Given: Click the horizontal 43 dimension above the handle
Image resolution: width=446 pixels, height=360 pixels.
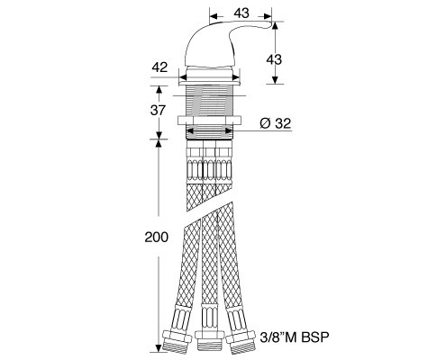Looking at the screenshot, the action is pyautogui.click(x=241, y=13).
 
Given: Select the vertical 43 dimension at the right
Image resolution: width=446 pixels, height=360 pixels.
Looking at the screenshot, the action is pyautogui.click(x=274, y=59).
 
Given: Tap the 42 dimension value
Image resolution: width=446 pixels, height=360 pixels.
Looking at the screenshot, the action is pyautogui.click(x=159, y=67).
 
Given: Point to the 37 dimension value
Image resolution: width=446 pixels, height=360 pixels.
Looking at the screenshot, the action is pyautogui.click(x=158, y=110).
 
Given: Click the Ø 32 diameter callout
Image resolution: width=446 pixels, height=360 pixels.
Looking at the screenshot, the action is pyautogui.click(x=276, y=123).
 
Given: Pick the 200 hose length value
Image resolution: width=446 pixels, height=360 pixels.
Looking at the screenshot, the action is pyautogui.click(x=157, y=237).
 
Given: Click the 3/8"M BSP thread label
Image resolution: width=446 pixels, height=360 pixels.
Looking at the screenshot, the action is pyautogui.click(x=295, y=337).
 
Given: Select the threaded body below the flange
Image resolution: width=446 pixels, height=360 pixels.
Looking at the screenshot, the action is pyautogui.click(x=210, y=101).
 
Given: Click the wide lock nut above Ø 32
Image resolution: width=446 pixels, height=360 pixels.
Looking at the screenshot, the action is pyautogui.click(x=210, y=120).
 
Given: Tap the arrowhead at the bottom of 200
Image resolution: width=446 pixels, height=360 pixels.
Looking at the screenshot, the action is pyautogui.click(x=159, y=348).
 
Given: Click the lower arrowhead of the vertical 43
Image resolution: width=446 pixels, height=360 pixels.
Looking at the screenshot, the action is pyautogui.click(x=274, y=79).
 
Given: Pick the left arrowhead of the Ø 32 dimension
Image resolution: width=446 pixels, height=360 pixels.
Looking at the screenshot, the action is pyautogui.click(x=191, y=131).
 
